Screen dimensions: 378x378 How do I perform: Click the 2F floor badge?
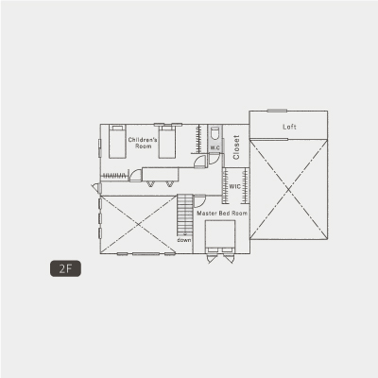click(x=65, y=268)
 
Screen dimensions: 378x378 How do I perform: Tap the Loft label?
click(x=289, y=127)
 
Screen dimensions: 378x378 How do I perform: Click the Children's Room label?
click(x=143, y=143)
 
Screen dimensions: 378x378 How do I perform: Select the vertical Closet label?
click(x=236, y=147)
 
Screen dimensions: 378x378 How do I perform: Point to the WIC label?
click(x=234, y=186)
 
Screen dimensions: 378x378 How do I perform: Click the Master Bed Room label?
click(x=222, y=214)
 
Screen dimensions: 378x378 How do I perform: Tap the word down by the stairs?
click(x=184, y=240)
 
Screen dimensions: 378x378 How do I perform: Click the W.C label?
click(x=215, y=147)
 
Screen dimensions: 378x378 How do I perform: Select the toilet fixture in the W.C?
click(x=215, y=133)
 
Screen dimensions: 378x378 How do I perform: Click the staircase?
click(x=185, y=215)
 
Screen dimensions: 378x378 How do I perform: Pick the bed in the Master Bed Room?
click(x=220, y=236)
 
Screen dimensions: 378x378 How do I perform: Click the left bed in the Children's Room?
click(x=117, y=142)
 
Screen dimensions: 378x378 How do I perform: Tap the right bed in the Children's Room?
click(x=167, y=142)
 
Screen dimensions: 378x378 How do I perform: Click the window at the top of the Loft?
click(x=277, y=111)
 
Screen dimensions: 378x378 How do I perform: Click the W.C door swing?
click(x=215, y=158)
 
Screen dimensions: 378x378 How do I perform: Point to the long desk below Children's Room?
click(x=161, y=174)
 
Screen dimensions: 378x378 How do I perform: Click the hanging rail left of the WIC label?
click(x=225, y=186)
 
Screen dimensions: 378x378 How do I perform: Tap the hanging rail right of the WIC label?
click(x=245, y=186)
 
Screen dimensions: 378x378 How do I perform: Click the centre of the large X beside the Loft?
click(x=289, y=189)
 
